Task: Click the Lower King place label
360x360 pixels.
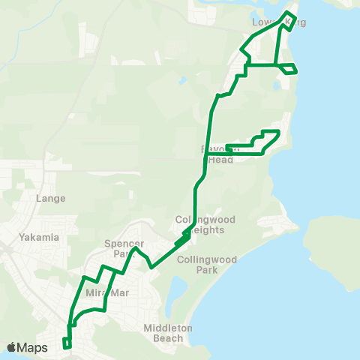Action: (x=279, y=22)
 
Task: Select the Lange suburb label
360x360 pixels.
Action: (x=51, y=199)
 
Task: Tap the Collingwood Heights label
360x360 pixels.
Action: (x=205, y=224)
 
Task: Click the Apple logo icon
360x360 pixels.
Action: (x=11, y=347)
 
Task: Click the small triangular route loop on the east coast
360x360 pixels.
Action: (x=289, y=68)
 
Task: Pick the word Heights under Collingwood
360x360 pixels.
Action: (x=211, y=229)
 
